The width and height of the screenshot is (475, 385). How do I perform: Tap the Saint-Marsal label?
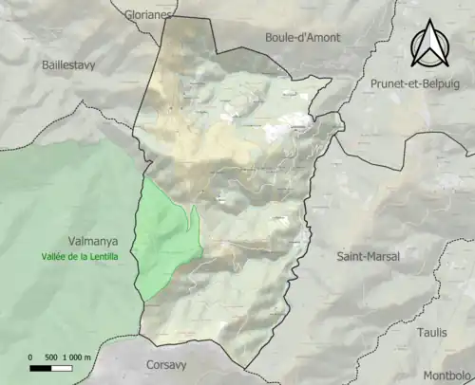[x=369, y=256]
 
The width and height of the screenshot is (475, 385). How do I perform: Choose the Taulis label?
[x=434, y=332]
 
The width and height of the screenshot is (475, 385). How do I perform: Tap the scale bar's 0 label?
[x=30, y=357]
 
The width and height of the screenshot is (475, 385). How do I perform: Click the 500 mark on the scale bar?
[x=51, y=357]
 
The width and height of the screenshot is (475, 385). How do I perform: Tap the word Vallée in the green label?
[x=55, y=257]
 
